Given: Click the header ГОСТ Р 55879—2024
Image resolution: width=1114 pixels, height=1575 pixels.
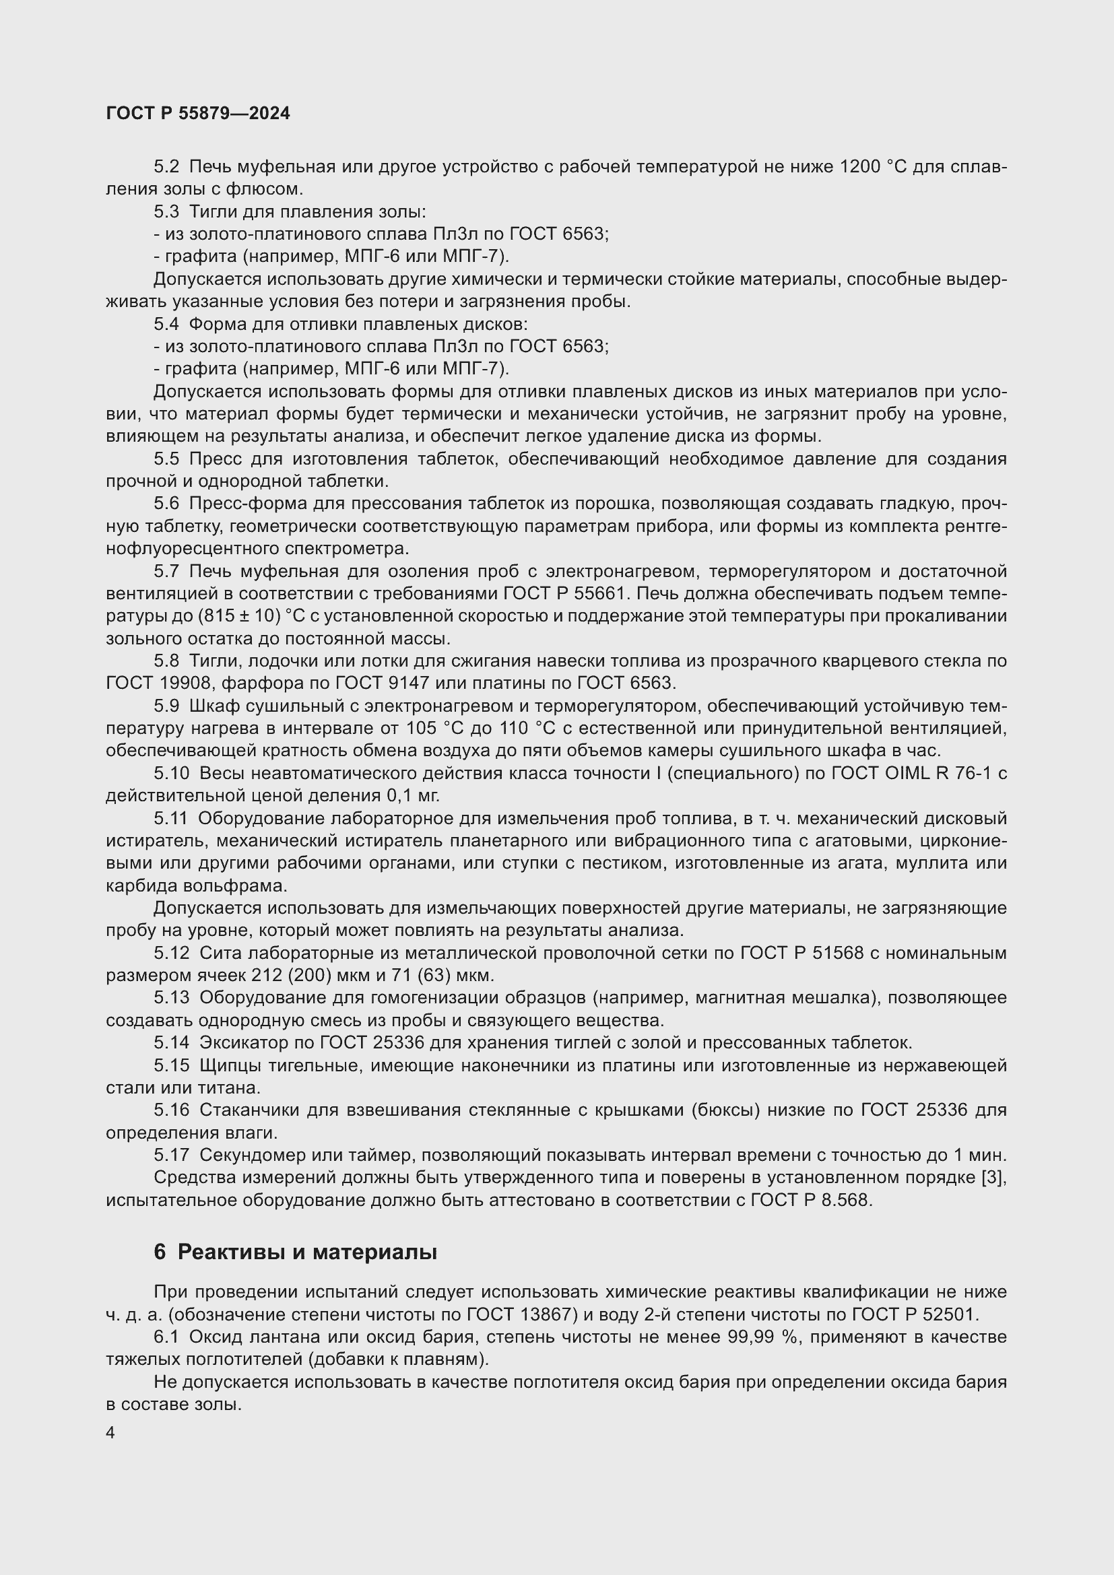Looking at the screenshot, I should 198,114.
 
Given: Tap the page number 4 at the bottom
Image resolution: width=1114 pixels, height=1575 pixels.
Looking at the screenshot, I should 110,1433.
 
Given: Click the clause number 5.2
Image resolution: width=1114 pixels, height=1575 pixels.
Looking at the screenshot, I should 166,167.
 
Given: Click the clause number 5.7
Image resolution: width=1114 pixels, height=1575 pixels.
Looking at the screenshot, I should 166,572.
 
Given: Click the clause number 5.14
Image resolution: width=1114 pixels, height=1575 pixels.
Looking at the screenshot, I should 171,1043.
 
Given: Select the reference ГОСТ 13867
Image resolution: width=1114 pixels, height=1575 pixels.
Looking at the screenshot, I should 513,1314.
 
